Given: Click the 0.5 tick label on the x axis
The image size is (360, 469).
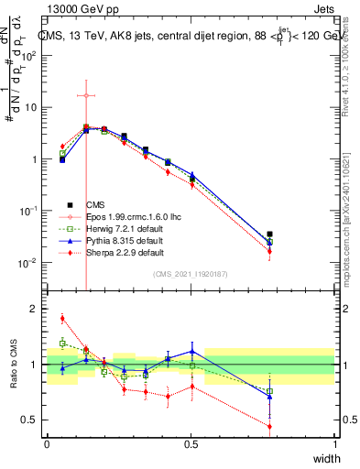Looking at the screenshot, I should [x=191, y=444].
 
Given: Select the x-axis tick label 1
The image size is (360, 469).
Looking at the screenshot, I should [x=335, y=444].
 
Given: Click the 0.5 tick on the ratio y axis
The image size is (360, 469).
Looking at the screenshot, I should [x=30, y=420].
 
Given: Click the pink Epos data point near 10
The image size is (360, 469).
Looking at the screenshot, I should [x=85, y=95].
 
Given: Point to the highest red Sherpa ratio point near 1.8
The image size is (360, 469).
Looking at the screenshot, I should [x=62, y=319].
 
